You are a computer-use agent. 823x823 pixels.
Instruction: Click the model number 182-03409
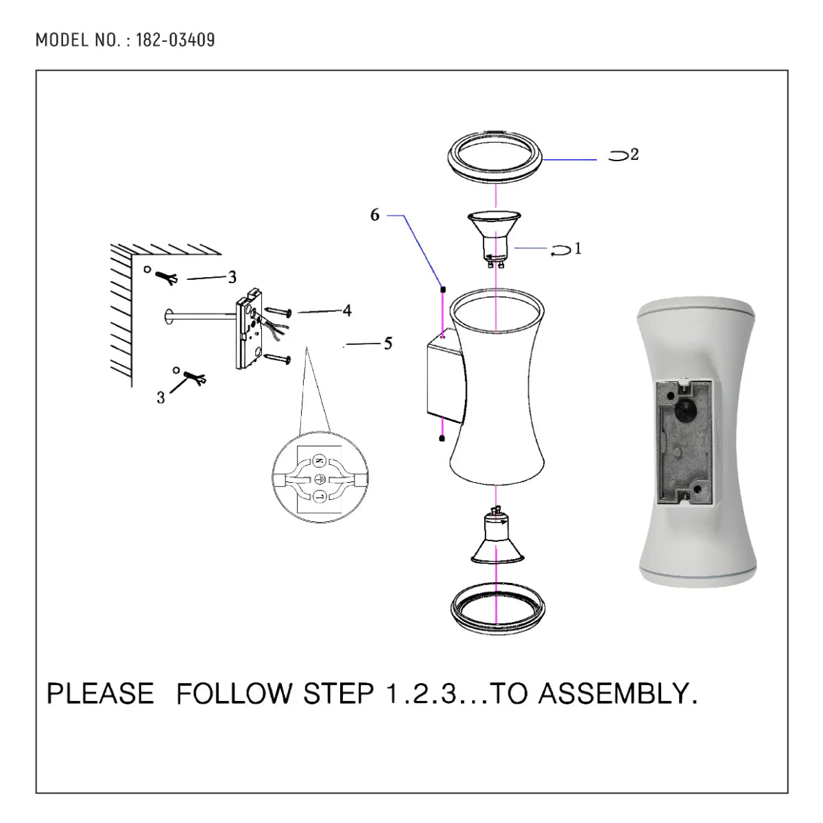pyautogui.click(x=175, y=40)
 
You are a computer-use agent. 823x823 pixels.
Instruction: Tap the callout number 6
pyautogui.click(x=374, y=215)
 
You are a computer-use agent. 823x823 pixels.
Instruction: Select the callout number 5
pyautogui.click(x=387, y=344)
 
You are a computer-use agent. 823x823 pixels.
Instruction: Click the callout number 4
pyautogui.click(x=347, y=311)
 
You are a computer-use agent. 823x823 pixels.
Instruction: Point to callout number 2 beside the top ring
pyautogui.click(x=634, y=155)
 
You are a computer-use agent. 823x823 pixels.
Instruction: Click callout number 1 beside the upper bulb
pyautogui.click(x=577, y=248)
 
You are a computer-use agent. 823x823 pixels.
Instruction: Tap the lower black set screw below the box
pyautogui.click(x=442, y=437)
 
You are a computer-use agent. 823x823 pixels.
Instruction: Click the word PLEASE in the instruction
pyautogui.click(x=100, y=693)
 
